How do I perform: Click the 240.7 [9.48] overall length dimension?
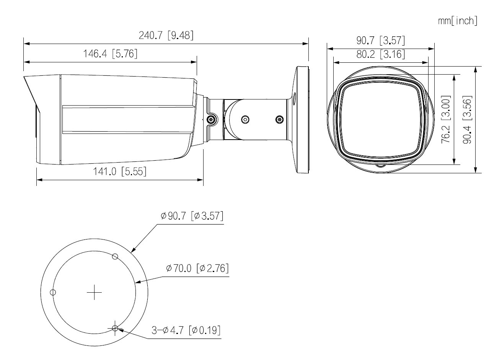coord(166,36)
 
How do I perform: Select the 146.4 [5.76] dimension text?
coord(110,54)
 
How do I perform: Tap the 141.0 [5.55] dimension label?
coord(120,171)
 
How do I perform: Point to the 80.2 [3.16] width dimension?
coord(381,54)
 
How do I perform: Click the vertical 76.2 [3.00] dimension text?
coord(445,119)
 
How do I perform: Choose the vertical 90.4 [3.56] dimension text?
coord(466,119)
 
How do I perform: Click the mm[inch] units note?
coord(458,21)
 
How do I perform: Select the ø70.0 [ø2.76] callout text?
coord(197,268)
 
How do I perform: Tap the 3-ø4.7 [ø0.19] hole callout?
coord(186,330)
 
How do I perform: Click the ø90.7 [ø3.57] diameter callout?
coord(192,216)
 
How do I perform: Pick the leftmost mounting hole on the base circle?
coord(53,292)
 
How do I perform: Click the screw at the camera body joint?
coord(211,120)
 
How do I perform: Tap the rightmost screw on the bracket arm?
coord(280,119)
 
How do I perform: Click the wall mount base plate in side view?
coord(302,119)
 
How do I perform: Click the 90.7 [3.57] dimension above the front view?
coord(381,40)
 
